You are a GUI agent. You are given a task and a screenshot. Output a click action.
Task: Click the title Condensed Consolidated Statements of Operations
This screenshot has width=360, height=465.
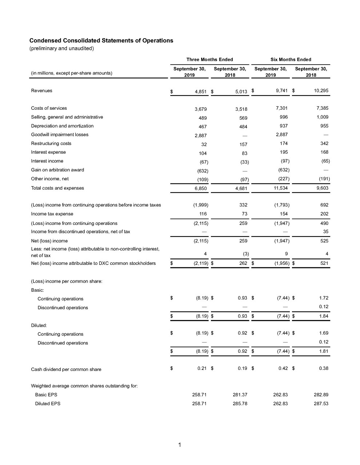(101, 40)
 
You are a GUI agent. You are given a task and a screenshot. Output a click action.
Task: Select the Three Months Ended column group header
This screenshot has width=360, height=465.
(209, 60)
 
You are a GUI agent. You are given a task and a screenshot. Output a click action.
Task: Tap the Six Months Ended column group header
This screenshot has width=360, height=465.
(291, 60)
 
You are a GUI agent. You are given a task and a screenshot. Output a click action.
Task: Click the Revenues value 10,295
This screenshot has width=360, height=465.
(321, 91)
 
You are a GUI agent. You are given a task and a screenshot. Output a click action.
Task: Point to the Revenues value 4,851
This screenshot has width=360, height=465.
(201, 92)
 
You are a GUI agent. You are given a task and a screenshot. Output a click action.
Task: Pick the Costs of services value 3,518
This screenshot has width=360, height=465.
(241, 109)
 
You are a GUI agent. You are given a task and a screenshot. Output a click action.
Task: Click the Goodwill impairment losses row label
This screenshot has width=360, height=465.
(60, 135)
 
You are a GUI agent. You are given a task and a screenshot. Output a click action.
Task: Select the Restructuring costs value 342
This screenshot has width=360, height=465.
(324, 143)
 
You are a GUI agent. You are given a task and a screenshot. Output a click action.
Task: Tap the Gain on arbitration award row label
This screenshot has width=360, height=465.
(57, 170)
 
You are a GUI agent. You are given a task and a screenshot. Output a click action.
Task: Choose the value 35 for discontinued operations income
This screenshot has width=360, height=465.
(325, 232)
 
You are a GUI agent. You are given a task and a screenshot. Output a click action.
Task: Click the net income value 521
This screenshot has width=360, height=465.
(324, 263)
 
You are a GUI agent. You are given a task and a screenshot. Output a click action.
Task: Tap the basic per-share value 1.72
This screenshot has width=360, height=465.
(323, 298)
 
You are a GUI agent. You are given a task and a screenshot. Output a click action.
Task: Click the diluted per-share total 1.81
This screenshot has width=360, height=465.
(323, 351)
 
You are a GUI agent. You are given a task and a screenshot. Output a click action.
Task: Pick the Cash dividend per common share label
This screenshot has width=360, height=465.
(66, 369)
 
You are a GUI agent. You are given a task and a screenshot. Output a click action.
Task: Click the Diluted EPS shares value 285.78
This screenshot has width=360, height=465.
(240, 404)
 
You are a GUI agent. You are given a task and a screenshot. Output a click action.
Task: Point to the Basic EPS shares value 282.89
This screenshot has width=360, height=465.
(321, 395)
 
